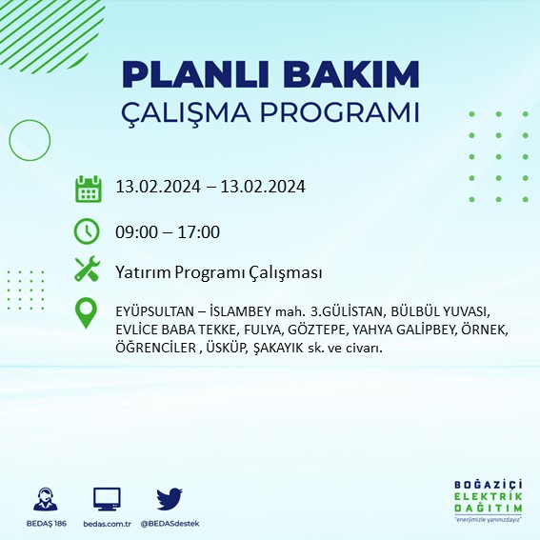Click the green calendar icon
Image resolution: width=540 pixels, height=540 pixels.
[88, 188]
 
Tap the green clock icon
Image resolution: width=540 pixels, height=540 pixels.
[88, 230]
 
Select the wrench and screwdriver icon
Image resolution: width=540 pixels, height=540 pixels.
[88, 270]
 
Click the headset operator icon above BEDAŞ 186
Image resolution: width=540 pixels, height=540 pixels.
[44, 499]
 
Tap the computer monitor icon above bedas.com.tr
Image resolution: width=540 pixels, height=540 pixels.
[107, 499]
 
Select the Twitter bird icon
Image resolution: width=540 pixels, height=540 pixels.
[170, 498]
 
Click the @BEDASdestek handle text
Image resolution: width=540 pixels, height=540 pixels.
[170, 524]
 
